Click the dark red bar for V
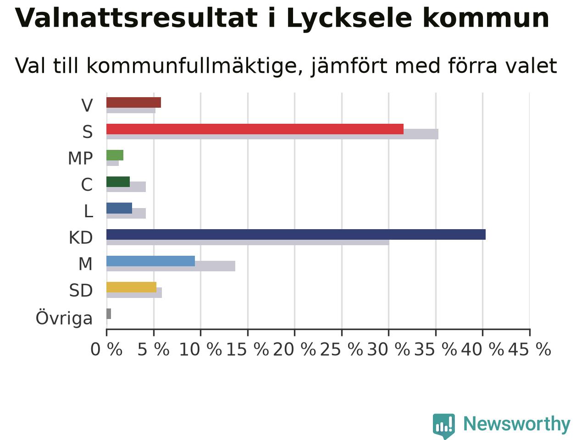click(134, 103)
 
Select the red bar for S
click(255, 129)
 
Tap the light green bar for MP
click(115, 155)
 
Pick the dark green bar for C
click(118, 181)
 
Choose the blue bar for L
click(119, 208)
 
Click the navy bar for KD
click(296, 234)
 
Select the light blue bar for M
click(150, 261)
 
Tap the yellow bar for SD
click(131, 287)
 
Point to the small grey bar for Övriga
click(109, 313)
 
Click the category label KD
click(81, 237)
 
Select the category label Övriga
click(64, 318)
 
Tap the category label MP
click(81, 158)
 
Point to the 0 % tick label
click(106, 349)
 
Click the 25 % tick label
click(342, 349)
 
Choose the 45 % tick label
click(530, 349)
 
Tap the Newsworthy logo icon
click(443, 426)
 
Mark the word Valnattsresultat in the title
click(136, 18)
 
